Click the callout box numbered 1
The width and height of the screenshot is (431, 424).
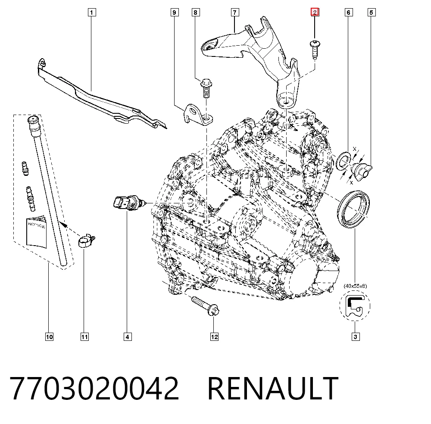[91, 12]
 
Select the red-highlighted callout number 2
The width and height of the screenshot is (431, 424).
[315, 12]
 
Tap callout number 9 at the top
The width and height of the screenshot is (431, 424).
[174, 12]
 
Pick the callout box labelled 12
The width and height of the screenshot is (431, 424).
[214, 337]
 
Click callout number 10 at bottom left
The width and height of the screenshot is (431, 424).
[49, 337]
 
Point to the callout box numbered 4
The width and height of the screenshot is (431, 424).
[127, 337]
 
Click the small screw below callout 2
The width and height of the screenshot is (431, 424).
[315, 49]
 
